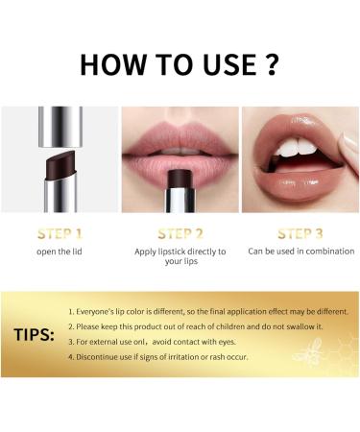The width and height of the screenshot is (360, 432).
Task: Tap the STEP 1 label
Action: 59,232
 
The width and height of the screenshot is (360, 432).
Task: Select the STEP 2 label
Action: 180,232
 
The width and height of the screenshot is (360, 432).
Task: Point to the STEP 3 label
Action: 300,232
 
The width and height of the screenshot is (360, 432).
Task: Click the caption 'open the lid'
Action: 59,252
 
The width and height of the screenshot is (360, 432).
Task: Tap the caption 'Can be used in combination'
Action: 300,252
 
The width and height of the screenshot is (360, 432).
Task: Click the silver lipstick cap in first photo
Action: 59,120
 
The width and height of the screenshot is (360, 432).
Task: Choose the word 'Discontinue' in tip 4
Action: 101,357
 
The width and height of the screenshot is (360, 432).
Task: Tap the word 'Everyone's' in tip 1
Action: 101,312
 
